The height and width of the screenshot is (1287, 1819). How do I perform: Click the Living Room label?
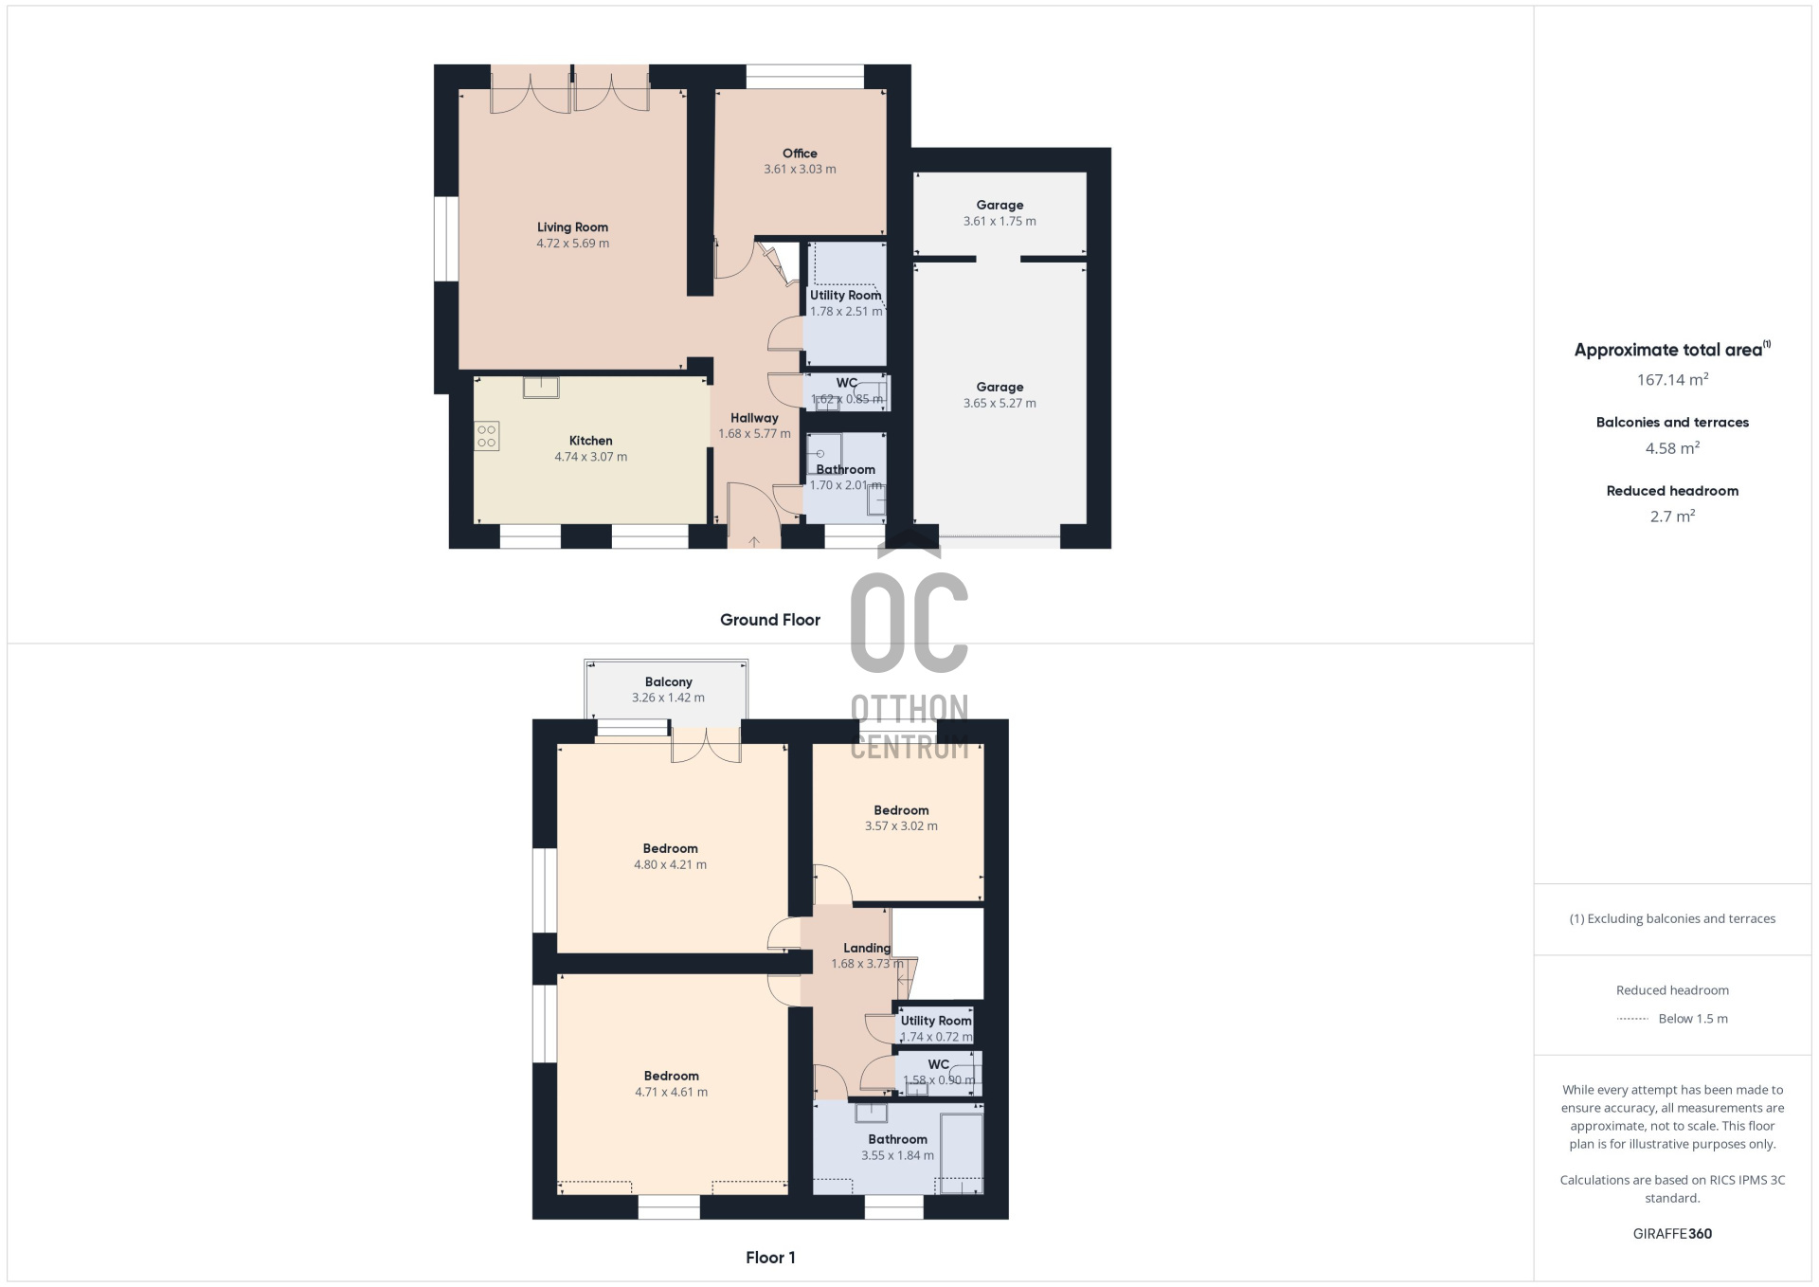(x=572, y=227)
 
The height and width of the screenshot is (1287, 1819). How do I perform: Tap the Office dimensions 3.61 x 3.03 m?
(x=800, y=170)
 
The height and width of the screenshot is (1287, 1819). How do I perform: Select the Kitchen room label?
(x=590, y=441)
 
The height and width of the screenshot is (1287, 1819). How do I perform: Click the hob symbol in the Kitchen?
(x=487, y=436)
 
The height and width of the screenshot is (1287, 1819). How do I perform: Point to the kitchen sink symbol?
(x=541, y=387)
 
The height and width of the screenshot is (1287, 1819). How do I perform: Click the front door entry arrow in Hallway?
(x=754, y=541)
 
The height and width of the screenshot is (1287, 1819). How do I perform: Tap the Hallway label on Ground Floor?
(x=754, y=418)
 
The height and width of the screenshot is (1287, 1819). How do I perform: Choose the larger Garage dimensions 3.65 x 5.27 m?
(x=1000, y=404)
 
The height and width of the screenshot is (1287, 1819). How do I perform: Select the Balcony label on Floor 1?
(x=668, y=682)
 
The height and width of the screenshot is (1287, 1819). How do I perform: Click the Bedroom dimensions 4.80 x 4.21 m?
(x=670, y=865)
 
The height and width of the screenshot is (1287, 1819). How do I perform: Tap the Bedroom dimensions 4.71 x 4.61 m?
(x=671, y=1093)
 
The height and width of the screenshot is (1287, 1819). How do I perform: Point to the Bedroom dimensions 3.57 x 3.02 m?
(x=901, y=826)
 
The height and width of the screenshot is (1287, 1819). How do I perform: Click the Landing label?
(x=867, y=948)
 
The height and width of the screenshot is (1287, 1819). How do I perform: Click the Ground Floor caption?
(x=770, y=620)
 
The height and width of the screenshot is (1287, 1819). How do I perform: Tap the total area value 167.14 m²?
(x=1672, y=379)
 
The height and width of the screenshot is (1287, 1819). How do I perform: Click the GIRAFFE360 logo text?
(x=1672, y=1234)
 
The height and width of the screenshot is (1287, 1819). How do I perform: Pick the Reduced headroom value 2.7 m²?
(x=1672, y=517)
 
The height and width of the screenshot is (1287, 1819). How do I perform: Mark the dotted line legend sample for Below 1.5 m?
(x=1632, y=1019)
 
